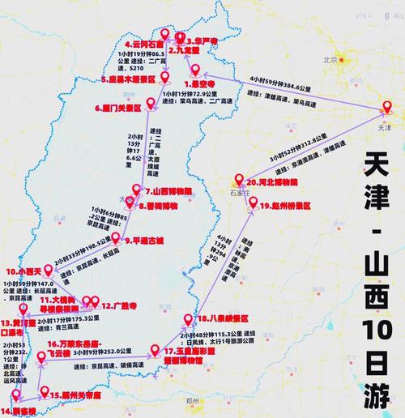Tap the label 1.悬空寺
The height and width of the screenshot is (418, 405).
[x=199, y=83]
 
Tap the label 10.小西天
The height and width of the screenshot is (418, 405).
[x=25, y=271]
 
